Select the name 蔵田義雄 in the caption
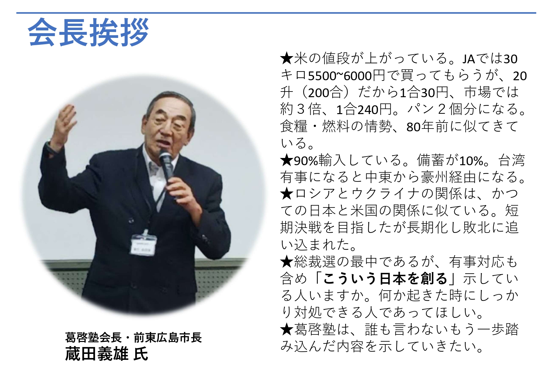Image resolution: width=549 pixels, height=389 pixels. tap(97, 354)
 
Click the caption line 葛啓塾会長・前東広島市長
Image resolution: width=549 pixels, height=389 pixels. tap(133, 337)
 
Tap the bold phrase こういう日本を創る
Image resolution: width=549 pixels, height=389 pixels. tap(386, 278)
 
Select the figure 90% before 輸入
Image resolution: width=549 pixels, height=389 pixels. tap(306, 160)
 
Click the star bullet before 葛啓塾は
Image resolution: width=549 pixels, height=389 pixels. tap(287, 329)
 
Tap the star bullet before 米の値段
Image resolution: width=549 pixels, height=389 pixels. tap(287, 59)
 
